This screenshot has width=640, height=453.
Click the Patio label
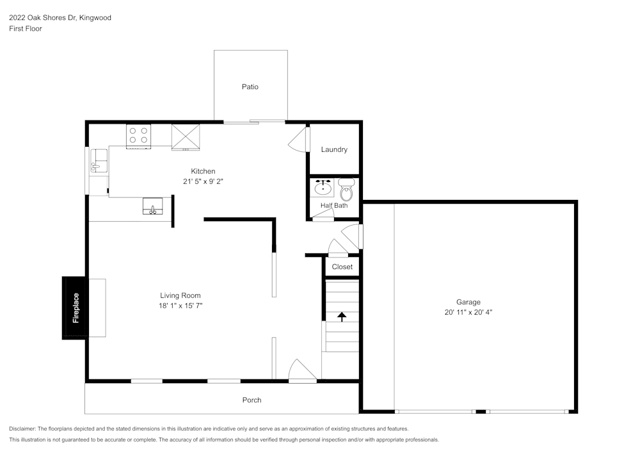click(x=250, y=86)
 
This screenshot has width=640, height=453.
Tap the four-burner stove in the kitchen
click(x=138, y=135)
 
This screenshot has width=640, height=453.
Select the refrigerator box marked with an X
click(x=186, y=136)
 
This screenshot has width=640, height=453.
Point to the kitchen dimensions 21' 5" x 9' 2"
click(x=203, y=181)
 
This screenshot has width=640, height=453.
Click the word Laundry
click(x=334, y=149)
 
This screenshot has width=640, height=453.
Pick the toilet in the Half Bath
click(x=346, y=190)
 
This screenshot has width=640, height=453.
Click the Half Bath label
click(x=334, y=206)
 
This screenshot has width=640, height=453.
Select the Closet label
click(x=342, y=267)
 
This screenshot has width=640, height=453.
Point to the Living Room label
click(x=180, y=295)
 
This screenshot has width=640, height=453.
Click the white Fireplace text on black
click(x=76, y=308)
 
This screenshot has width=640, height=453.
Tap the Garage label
click(x=468, y=302)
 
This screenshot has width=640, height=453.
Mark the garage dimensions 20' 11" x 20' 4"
click(x=468, y=312)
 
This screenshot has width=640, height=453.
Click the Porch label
click(x=252, y=400)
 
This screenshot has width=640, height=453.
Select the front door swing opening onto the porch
click(x=301, y=372)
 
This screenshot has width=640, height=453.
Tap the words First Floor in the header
click(x=26, y=29)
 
